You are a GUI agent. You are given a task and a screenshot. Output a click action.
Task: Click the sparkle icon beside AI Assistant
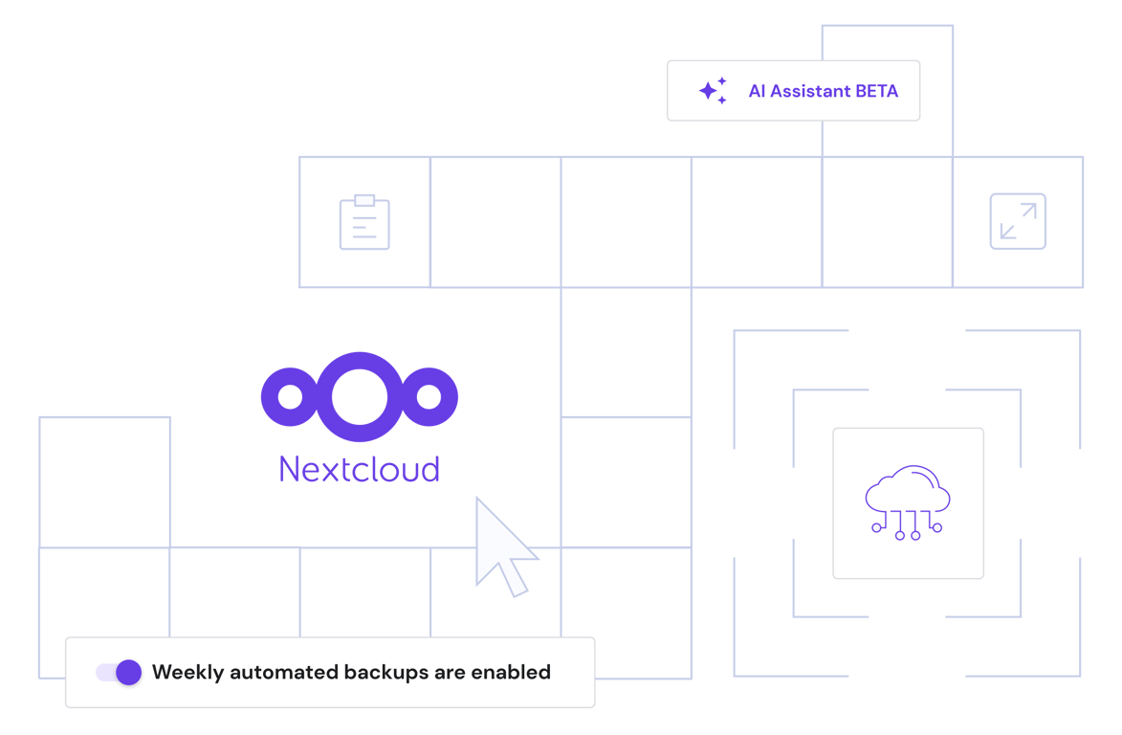[712, 90]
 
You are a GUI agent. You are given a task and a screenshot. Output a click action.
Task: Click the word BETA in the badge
[877, 92]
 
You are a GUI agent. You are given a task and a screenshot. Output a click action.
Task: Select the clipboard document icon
[364, 224]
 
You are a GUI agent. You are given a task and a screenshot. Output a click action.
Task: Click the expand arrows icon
[1017, 222]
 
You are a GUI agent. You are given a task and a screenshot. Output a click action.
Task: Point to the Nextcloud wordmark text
[360, 469]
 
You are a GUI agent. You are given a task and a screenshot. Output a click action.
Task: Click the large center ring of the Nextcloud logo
[360, 396]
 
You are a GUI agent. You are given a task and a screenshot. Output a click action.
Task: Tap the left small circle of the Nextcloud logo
[290, 396]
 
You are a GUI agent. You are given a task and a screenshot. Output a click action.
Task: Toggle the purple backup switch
[120, 672]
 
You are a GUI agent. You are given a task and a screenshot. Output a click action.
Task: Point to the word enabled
[511, 672]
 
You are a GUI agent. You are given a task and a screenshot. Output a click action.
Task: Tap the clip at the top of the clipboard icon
[364, 200]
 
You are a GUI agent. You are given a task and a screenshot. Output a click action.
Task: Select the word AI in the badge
[757, 92]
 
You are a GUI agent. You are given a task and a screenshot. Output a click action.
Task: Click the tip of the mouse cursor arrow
[479, 499]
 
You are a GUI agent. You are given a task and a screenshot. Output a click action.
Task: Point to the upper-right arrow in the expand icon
[1028, 211]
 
